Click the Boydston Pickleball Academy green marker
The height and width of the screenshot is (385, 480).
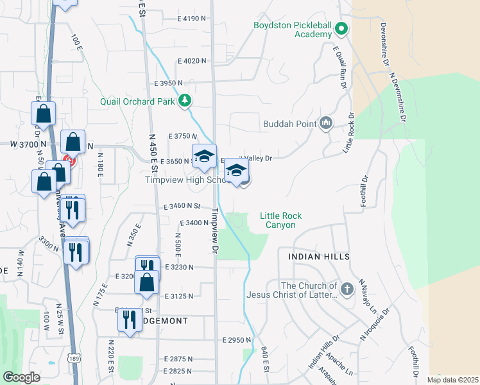tap(341, 29)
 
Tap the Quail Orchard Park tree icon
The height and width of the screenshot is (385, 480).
tap(185, 101)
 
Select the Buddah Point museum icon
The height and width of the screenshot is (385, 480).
tap(326, 123)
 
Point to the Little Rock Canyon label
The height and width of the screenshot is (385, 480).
tap(280, 221)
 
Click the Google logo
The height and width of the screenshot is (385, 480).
tap(21, 377)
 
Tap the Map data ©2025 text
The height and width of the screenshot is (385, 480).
tap(452, 380)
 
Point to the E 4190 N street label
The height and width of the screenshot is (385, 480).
tap(192, 19)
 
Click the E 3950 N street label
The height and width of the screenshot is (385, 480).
tap(168, 83)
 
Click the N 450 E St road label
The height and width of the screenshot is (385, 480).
tap(153, 152)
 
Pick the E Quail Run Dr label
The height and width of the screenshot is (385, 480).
tap(340, 66)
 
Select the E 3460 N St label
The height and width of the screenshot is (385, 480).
tap(182, 206)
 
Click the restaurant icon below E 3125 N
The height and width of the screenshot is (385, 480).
tap(130, 320)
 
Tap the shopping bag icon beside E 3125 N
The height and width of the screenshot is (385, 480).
tap(147, 282)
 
